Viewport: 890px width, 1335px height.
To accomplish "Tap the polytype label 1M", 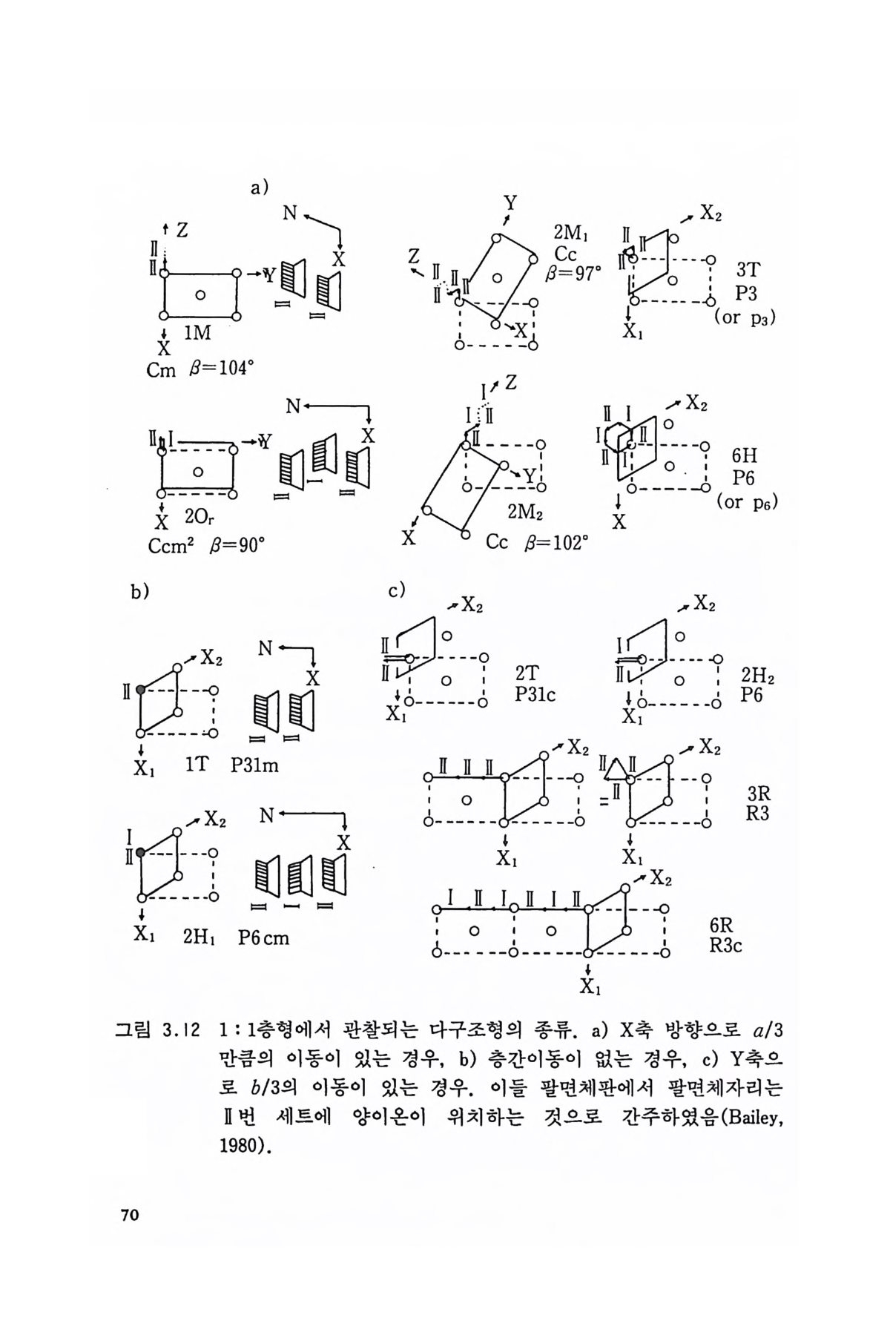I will pyautogui.click(x=197, y=334).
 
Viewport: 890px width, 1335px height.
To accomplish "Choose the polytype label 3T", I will pyautogui.click(x=748, y=270).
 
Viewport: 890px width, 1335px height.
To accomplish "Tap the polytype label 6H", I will pyautogui.click(x=744, y=455).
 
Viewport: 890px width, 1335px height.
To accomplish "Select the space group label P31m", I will pyautogui.click(x=254, y=765).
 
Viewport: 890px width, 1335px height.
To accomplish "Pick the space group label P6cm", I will pyautogui.click(x=264, y=938).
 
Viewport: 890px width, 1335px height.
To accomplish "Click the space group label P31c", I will pyautogui.click(x=535, y=695).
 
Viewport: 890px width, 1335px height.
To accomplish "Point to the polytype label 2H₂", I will pyautogui.click(x=758, y=676).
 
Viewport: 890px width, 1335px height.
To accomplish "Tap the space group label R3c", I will pyautogui.click(x=726, y=946).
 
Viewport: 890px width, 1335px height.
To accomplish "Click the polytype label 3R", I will pyautogui.click(x=759, y=794).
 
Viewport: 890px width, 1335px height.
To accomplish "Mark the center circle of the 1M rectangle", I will pyautogui.click(x=200, y=295).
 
